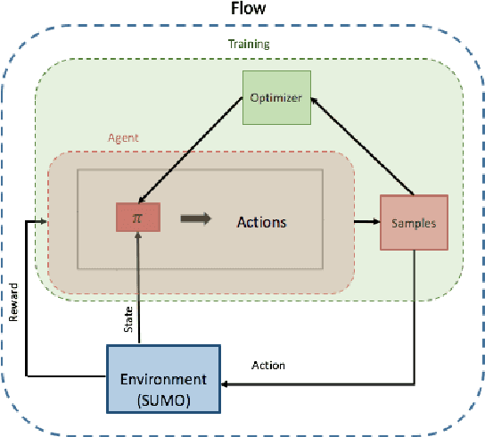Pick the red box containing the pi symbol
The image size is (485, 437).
[x=137, y=218]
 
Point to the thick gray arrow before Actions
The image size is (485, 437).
[x=196, y=218]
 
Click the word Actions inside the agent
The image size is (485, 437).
[x=261, y=220]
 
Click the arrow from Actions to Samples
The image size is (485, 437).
[x=366, y=221]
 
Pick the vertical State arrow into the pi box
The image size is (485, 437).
[x=138, y=285]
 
